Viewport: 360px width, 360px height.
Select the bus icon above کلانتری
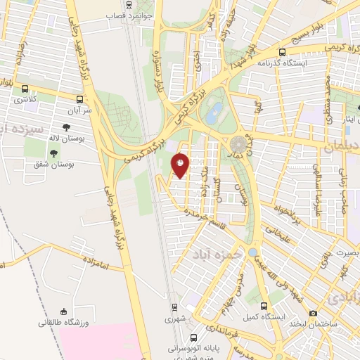26,89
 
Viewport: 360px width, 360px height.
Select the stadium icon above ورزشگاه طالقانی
65,311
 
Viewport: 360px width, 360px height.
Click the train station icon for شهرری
176,307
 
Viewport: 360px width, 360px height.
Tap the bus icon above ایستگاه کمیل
264,307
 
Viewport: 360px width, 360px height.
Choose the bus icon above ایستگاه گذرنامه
282,52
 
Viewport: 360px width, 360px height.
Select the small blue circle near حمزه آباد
253,252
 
